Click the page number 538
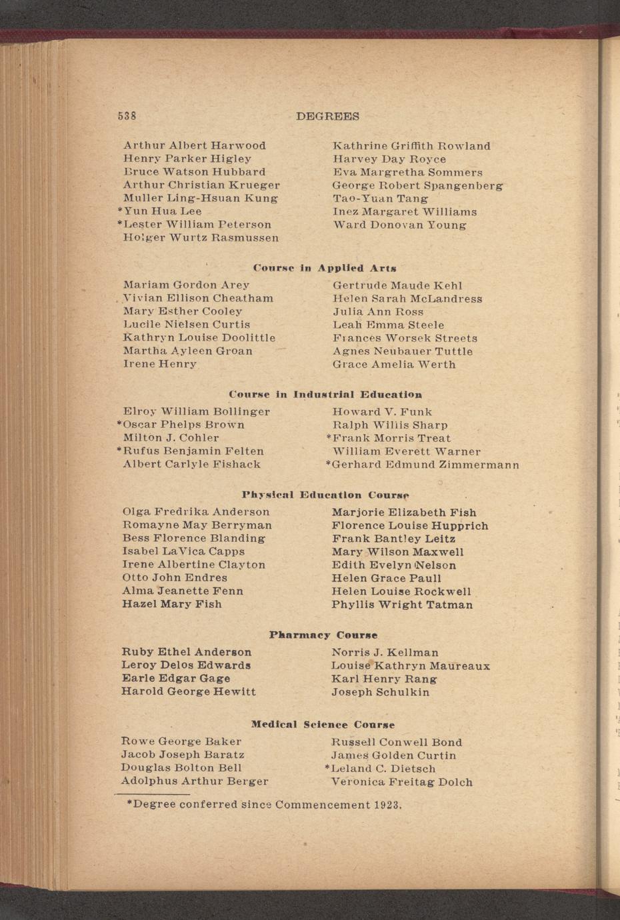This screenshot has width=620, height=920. click(x=127, y=115)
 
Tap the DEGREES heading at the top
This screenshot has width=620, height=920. click(x=327, y=116)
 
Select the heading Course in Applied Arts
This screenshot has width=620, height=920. click(x=325, y=268)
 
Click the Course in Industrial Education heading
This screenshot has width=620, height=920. click(x=325, y=395)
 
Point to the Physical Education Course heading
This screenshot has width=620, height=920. click(x=325, y=495)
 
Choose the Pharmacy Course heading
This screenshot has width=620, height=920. click(x=323, y=635)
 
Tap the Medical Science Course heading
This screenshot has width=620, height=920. click(x=323, y=725)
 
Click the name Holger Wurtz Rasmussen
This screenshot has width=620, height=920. click(x=201, y=238)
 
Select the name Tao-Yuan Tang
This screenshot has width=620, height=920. click(x=381, y=199)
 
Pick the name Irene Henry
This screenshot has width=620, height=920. click(x=160, y=364)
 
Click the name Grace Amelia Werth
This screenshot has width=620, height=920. click(x=394, y=365)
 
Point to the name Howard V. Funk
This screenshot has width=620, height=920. click(x=382, y=412)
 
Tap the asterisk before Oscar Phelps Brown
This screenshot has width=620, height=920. click(x=119, y=424)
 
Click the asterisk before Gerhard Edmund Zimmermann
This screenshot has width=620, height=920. click(x=329, y=464)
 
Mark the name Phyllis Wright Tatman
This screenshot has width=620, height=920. click(x=402, y=605)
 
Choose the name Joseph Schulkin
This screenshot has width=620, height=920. click(x=381, y=692)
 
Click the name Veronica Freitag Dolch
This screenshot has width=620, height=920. click(x=402, y=782)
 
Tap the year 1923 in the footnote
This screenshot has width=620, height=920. click(x=387, y=805)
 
